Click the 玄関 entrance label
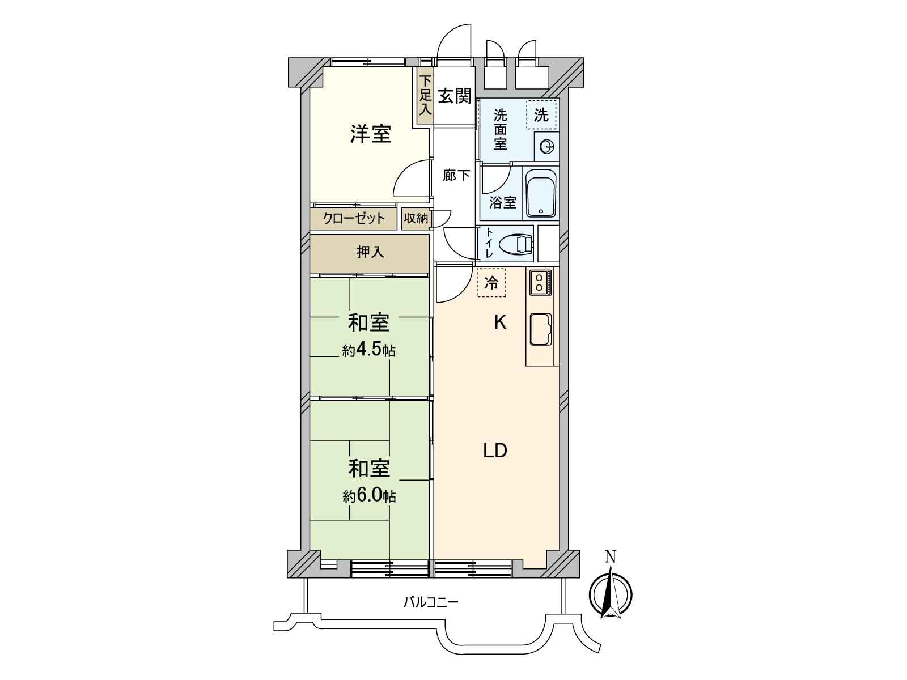[455, 96]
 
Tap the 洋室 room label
[371, 134]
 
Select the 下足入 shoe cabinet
[425, 96]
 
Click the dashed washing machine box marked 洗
[541, 115]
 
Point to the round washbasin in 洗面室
[547, 147]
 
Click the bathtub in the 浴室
[541, 193]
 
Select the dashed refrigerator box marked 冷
[491, 282]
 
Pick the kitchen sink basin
[541, 329]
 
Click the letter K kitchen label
[500, 322]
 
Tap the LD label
[495, 451]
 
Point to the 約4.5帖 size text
[369, 350]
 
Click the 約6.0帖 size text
[369, 496]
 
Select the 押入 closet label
[370, 252]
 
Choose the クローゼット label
[354, 218]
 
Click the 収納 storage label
[416, 218]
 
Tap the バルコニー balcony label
[431, 602]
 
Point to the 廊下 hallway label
[456, 176]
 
